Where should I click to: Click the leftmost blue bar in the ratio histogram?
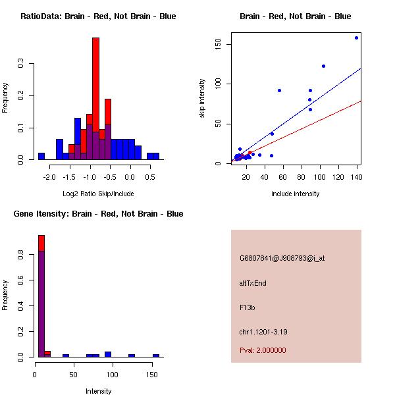(41, 157)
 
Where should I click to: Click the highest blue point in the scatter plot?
(356, 38)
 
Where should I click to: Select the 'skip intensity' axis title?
(203, 99)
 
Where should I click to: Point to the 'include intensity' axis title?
(295, 194)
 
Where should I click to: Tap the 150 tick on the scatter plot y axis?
(226, 44)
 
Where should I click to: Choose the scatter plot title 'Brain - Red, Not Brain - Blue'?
(295, 16)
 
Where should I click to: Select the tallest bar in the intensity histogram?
(41, 296)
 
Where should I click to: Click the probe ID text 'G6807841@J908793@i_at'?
(282, 258)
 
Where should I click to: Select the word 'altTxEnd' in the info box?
(253, 283)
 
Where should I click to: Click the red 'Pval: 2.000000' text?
(263, 350)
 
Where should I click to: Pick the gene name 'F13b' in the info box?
(247, 307)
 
